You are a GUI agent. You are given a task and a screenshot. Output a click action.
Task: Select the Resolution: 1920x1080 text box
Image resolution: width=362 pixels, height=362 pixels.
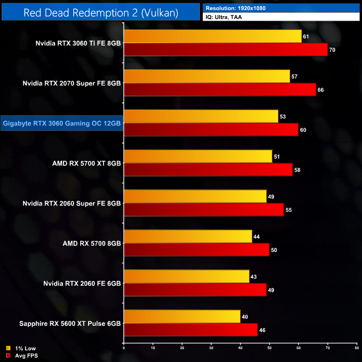click(281, 8)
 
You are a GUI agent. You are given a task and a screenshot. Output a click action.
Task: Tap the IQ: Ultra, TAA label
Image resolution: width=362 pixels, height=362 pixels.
click(281, 18)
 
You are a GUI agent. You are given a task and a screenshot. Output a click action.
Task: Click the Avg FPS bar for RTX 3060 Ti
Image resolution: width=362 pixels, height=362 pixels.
click(226, 50)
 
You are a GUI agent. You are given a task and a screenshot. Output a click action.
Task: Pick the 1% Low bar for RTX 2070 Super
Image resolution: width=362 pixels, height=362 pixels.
click(207, 76)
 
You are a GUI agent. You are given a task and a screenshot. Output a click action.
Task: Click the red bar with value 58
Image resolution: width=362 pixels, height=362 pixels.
click(208, 170)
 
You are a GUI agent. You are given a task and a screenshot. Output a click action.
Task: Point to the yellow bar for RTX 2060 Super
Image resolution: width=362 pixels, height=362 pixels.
click(195, 197)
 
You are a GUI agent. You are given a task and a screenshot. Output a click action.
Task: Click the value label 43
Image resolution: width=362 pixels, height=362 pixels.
click(254, 276)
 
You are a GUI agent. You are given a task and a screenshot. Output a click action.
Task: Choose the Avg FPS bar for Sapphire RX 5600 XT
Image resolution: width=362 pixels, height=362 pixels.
click(190, 330)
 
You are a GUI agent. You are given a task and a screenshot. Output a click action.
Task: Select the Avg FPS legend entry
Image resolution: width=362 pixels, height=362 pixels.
click(22, 355)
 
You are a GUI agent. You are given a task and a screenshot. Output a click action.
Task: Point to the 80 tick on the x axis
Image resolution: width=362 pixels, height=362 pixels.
click(356, 349)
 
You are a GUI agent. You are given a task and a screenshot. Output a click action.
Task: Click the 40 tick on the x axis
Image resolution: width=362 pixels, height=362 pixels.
click(240, 349)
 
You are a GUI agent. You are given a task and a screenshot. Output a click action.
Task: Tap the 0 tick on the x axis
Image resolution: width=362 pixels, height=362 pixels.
click(124, 349)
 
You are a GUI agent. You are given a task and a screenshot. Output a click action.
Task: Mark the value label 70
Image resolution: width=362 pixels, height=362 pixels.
click(332, 50)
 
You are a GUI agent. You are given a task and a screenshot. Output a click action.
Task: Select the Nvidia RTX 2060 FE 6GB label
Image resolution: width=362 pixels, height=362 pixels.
click(82, 283)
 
